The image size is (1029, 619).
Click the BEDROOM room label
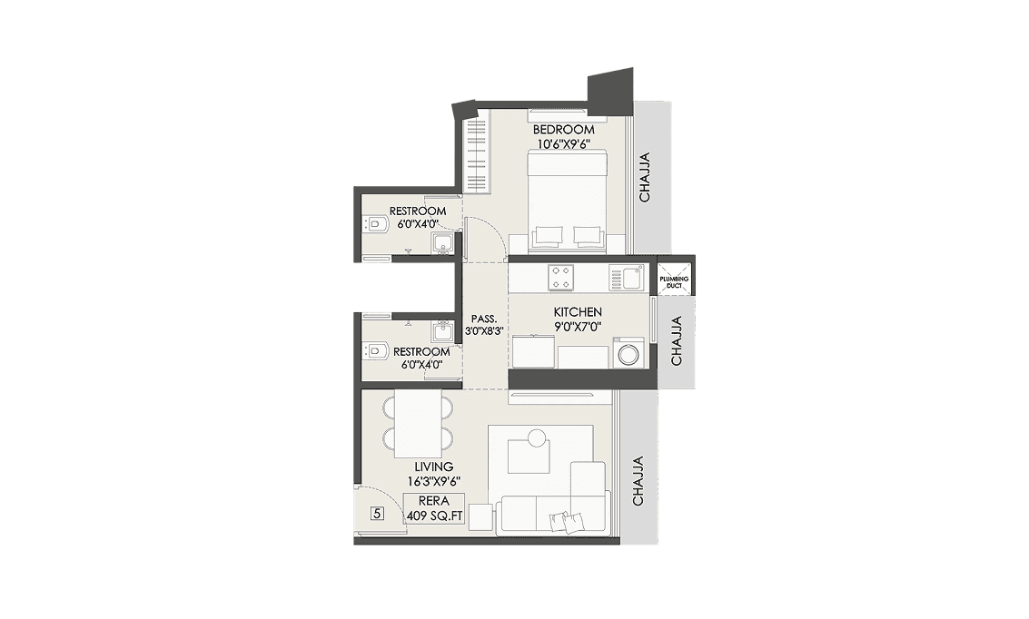563,130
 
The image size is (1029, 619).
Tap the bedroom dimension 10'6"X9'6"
563,143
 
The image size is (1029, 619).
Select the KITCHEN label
578,312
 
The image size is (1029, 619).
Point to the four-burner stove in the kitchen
561,276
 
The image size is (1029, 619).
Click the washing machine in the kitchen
628,353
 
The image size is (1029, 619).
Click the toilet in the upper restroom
374,222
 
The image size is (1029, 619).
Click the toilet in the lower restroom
374,350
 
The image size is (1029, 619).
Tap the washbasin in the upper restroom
442,243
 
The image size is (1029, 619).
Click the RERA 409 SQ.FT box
434,508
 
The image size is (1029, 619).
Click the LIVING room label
433,467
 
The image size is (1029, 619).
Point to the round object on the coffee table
536,439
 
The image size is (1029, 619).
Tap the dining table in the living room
418,423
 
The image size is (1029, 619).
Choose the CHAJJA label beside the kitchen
676,341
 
